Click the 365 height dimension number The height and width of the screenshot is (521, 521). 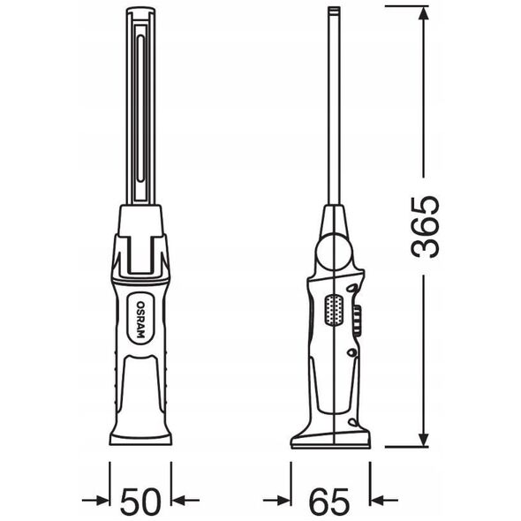pos(426,228)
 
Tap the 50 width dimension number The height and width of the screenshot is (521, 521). pos(140,500)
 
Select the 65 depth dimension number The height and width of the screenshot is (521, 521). pos(329,500)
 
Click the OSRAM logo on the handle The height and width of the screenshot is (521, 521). pos(141,319)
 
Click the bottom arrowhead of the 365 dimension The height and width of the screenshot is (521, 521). pos(423,438)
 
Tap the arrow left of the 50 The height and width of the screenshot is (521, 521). pos(95,500)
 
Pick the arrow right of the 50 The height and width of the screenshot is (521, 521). pos(185,500)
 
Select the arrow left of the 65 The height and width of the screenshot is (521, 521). pos(276,500)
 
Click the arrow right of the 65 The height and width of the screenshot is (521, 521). pos(384,500)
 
